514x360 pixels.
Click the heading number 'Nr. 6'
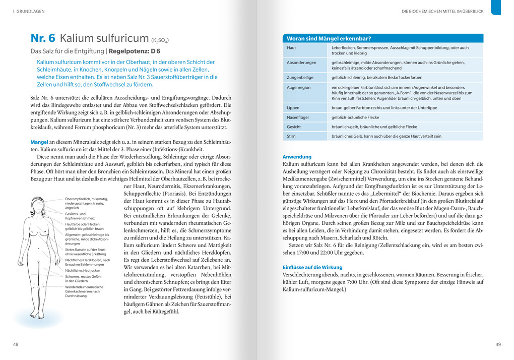tap(43, 38)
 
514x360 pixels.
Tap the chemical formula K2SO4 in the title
tap(160, 40)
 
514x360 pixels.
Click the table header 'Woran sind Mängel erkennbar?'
tap(329, 38)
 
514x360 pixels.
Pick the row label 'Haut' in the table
tap(291, 48)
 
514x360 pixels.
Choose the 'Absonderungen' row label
tap(301, 63)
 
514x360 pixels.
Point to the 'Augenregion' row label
tap(299, 87)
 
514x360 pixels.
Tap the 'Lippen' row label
tap(293, 107)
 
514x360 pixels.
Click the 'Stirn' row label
tap(291, 136)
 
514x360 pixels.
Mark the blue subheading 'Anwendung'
tap(297, 157)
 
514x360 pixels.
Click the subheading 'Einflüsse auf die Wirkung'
tap(312, 267)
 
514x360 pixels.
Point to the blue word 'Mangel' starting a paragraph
tap(39, 143)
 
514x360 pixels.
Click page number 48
tap(16, 344)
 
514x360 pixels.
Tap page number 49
tap(498, 344)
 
